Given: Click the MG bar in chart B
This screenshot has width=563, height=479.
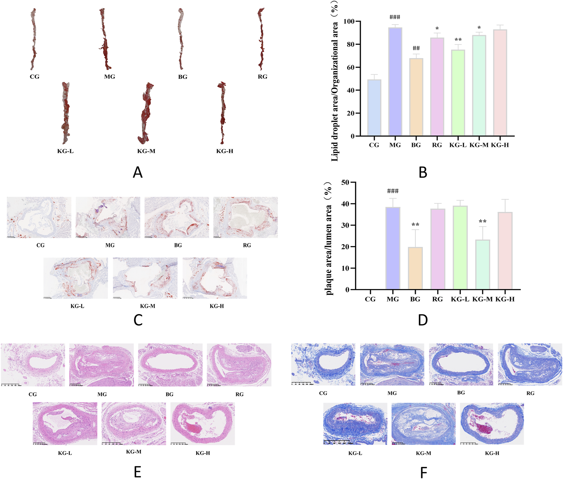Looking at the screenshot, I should click(395, 82).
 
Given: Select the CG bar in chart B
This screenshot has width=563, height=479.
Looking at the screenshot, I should click(374, 108).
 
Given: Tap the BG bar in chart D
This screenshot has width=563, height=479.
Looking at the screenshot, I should click(415, 268).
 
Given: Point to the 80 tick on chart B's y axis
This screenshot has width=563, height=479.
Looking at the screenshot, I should click(350, 44).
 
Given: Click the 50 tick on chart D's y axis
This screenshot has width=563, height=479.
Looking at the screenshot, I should click(345, 182).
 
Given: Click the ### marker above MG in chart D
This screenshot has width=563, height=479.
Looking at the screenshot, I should click(393, 191).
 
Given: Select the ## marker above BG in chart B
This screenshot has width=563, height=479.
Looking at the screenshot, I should click(416, 48).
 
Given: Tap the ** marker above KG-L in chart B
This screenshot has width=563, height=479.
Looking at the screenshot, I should click(458, 40).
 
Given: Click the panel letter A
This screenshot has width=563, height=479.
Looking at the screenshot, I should click(138, 172).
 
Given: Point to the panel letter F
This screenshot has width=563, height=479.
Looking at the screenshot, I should click(423, 472).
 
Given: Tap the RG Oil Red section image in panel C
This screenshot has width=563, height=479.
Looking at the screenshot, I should click(245, 217).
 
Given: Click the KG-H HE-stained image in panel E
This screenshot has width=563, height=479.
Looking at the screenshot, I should click(202, 423).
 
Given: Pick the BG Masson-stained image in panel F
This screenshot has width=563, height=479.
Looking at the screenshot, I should click(461, 364).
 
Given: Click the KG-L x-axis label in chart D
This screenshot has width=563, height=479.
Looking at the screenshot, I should click(460, 299).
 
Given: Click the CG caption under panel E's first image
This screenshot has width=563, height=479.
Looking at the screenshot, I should click(33, 394).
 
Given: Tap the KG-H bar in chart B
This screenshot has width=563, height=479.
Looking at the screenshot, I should click(500, 83).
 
